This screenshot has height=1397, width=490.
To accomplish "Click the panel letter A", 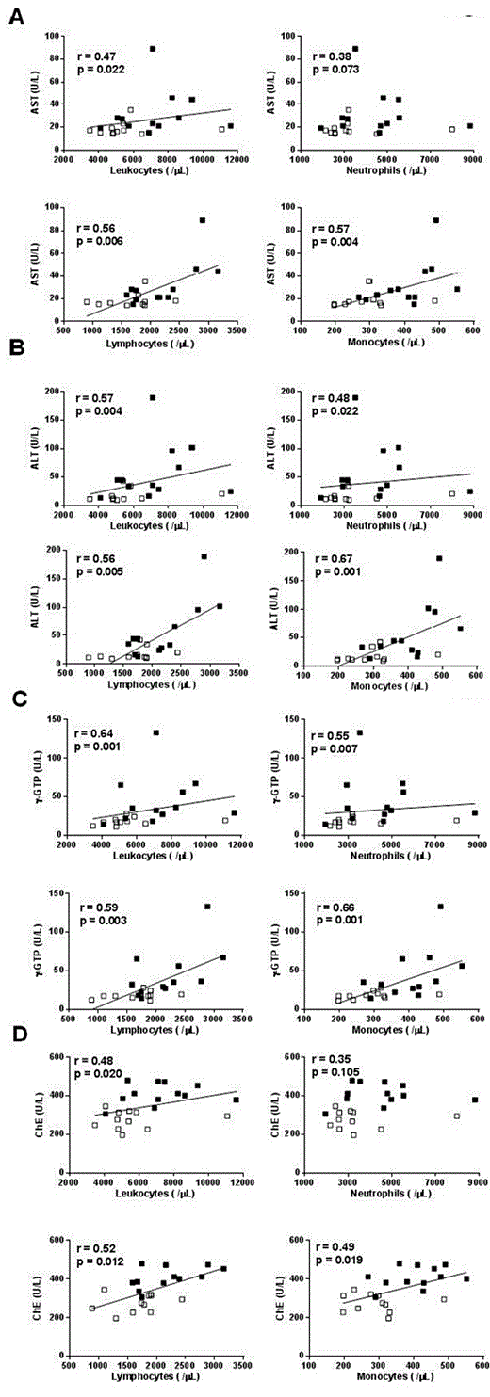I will [16, 17].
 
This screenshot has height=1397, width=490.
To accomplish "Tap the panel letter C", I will [16, 700].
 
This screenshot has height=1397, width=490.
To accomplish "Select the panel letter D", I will [16, 1044].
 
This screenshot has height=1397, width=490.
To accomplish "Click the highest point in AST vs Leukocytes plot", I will [153, 49].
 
